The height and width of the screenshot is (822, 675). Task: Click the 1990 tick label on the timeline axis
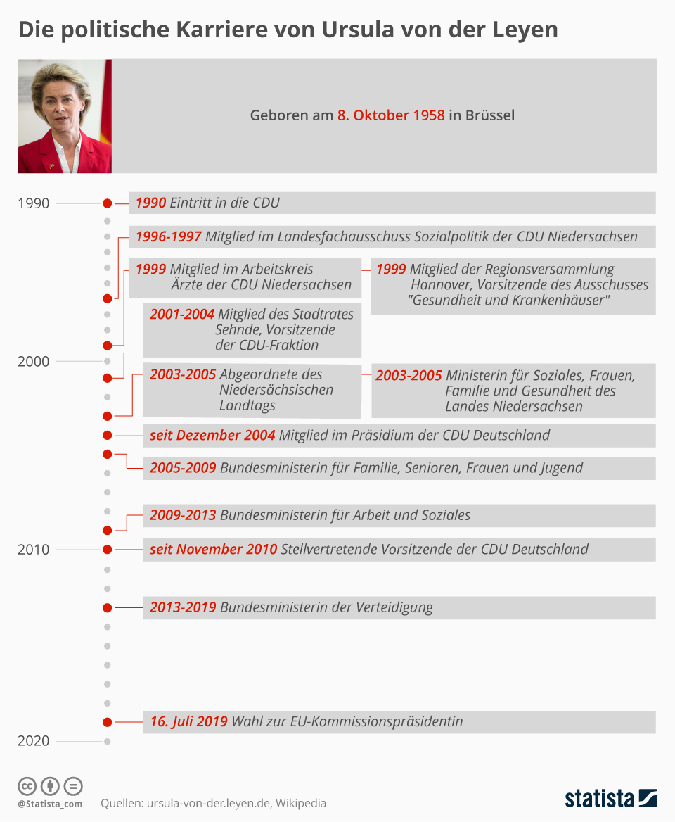(x=34, y=203)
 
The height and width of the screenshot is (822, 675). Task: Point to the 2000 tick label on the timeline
(x=34, y=361)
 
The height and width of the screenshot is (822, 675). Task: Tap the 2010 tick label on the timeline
(x=34, y=550)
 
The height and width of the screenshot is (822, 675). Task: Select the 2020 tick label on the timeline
(x=34, y=741)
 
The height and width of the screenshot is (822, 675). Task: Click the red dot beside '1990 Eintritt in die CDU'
(x=107, y=203)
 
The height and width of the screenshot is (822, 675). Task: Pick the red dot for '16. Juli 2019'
(x=107, y=722)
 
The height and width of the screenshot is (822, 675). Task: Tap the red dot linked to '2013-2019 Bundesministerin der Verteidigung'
(x=107, y=607)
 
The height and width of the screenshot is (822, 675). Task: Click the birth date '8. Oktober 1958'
(x=390, y=115)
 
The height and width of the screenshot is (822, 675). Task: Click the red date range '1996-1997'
(x=168, y=237)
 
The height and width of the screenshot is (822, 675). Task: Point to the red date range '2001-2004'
(x=182, y=315)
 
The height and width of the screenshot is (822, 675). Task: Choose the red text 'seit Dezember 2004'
(x=212, y=436)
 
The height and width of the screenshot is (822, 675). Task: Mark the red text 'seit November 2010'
(x=213, y=550)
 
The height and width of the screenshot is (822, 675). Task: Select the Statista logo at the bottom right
(x=611, y=798)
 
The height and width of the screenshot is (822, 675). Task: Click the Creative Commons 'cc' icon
(x=27, y=786)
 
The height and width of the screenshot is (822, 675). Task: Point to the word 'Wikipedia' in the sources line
(x=300, y=803)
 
